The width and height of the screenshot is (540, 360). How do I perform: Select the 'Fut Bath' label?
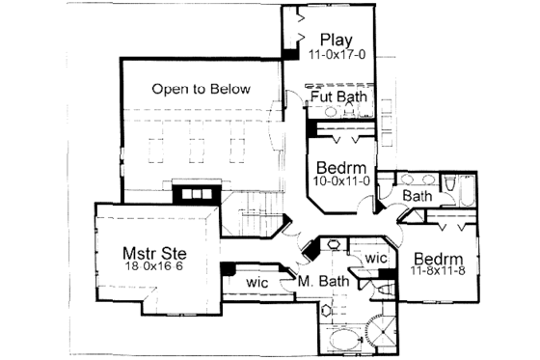(337, 97)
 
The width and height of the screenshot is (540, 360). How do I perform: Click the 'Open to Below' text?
(201, 90)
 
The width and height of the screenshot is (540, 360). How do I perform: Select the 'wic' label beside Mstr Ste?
(257, 281)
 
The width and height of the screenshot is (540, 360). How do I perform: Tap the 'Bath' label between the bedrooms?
(417, 196)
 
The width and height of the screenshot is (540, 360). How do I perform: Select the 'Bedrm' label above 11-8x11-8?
(442, 260)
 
